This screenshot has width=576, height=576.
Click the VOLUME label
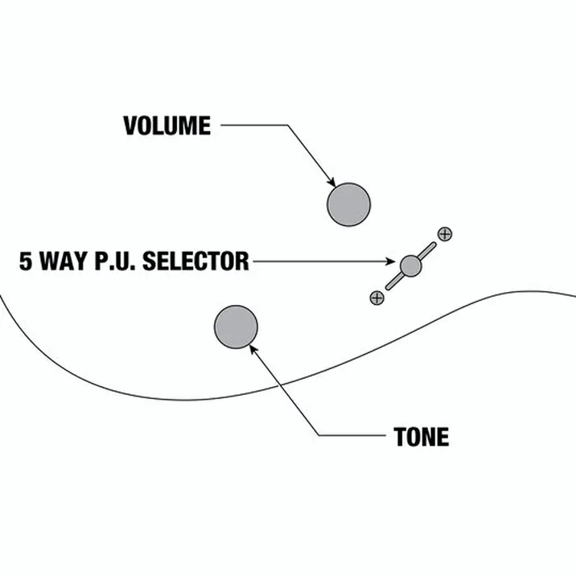(x=167, y=125)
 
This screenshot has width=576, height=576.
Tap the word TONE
(x=422, y=437)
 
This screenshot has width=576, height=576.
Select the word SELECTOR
(x=195, y=261)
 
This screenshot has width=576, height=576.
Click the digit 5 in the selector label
(x=26, y=261)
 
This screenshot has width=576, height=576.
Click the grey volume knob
(x=348, y=204)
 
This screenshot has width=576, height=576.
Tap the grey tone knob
(x=236, y=327)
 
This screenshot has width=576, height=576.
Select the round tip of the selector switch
(x=410, y=265)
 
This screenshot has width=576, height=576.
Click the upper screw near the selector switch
(x=445, y=234)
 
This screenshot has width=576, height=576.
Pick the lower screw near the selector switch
(x=377, y=298)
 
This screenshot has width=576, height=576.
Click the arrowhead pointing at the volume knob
(x=332, y=182)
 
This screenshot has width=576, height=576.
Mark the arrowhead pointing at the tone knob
(x=253, y=349)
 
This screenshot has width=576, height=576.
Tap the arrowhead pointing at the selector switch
(x=390, y=261)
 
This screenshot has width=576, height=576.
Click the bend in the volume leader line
(x=287, y=125)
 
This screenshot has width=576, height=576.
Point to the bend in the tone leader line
(x=319, y=436)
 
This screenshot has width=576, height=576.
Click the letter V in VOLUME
(x=130, y=125)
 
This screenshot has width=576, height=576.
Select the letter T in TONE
(x=400, y=437)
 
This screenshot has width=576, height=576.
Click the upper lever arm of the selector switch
(x=427, y=250)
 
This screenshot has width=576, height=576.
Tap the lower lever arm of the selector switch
(x=394, y=282)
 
